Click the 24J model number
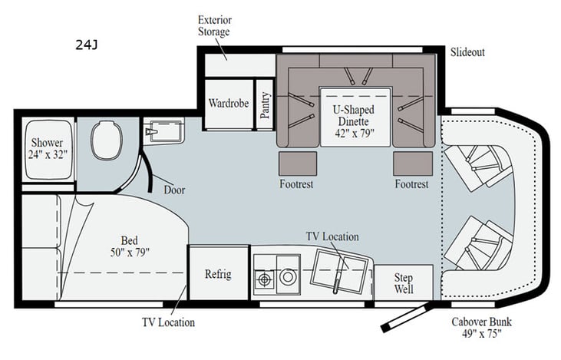click(86, 45)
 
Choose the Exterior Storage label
click(214, 26)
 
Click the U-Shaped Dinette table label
click(355, 121)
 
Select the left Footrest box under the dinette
click(297, 163)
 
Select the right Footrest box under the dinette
click(412, 163)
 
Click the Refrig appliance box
click(217, 274)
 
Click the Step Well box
click(403, 282)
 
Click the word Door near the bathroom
click(174, 189)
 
